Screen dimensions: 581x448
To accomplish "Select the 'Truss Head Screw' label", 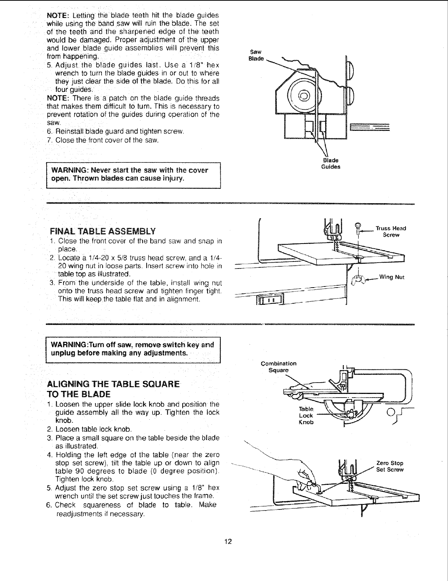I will point(391,231).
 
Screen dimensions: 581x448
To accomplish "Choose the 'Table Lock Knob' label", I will point(306,415).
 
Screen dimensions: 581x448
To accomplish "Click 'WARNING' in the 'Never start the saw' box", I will point(69,171).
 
